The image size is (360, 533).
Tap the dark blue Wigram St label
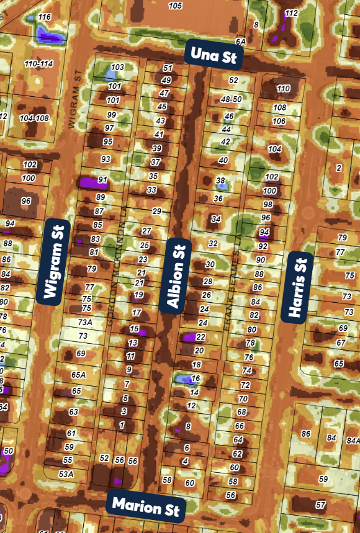(55, 261)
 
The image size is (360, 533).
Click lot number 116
(44, 17)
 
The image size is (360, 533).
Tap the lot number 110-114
(38, 64)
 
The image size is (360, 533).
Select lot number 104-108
(34, 118)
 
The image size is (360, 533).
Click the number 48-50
(231, 99)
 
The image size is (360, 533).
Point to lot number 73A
(84, 323)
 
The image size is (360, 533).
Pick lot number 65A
(78, 375)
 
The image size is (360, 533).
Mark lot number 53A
(66, 474)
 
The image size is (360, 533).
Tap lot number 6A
(241, 41)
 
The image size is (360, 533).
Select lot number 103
(117, 67)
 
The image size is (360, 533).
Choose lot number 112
(291, 13)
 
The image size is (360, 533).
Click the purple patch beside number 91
(89, 183)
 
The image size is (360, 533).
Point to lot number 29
(156, 212)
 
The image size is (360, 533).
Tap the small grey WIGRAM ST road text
(75, 99)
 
